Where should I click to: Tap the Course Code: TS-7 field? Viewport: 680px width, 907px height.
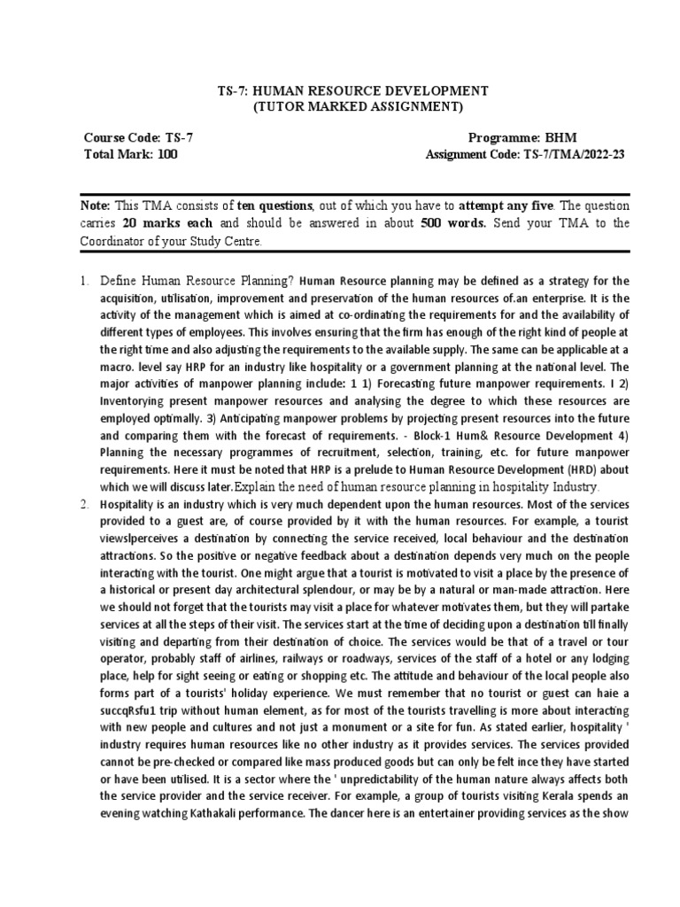(x=134, y=138)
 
